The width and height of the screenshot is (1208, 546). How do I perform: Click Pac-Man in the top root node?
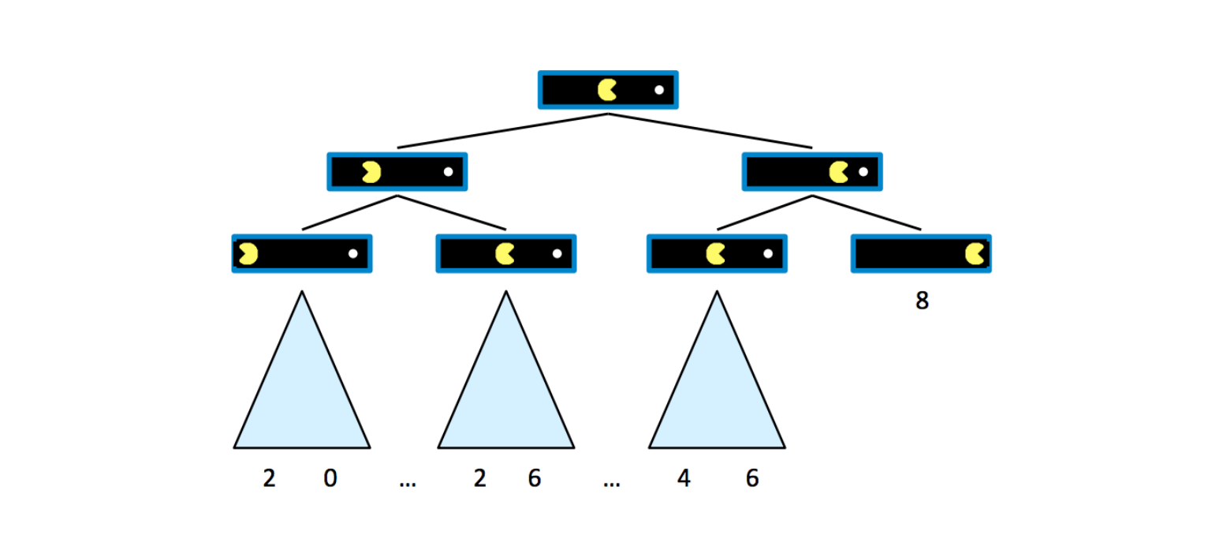click(606, 90)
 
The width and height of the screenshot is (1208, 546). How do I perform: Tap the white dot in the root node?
click(659, 90)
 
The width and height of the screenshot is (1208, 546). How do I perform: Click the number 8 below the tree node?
click(922, 301)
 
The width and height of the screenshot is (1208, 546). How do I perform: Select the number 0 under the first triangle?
click(330, 478)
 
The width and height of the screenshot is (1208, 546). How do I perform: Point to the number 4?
click(684, 478)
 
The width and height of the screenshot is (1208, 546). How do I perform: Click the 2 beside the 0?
click(269, 478)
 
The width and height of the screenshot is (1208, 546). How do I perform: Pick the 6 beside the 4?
click(752, 478)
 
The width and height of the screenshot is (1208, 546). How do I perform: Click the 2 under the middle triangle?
click(480, 478)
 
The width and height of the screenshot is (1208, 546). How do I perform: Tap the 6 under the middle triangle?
click(535, 478)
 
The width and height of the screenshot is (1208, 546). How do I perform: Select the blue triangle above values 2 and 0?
click(302, 387)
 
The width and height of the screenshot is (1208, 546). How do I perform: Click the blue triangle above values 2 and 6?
click(506, 387)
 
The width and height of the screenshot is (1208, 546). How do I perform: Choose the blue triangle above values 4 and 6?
click(717, 387)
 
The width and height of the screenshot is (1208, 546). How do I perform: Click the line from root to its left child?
click(502, 130)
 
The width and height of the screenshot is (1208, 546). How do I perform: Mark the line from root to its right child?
click(710, 130)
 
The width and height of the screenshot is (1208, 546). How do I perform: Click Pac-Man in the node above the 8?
click(975, 254)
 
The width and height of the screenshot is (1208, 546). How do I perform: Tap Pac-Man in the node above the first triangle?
click(248, 254)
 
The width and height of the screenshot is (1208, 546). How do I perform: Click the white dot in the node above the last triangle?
click(768, 254)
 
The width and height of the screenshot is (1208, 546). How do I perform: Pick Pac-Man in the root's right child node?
click(839, 172)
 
